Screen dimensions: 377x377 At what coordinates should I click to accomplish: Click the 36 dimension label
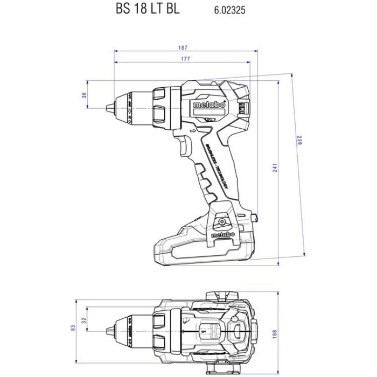[83, 95]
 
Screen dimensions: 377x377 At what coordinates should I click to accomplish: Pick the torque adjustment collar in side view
[161, 104]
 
